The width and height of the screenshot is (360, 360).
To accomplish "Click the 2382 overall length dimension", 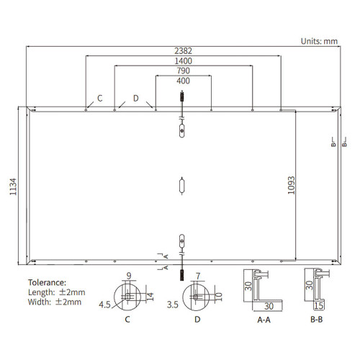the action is tap(183, 51).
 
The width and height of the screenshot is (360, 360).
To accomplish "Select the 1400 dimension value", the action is tap(183, 61).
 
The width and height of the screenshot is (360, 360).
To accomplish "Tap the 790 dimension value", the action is tap(184, 71).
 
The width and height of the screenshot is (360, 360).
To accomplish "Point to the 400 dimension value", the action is tap(184, 81).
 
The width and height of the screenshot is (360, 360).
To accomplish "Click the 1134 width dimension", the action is tap(13, 186).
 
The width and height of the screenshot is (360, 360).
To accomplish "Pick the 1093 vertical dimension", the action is tap(291, 185).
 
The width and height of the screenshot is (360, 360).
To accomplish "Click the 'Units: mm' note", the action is tap(319, 41).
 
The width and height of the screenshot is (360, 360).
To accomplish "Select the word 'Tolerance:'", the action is tap(47, 282).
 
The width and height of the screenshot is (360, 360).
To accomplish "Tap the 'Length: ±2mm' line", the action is tap(57, 292).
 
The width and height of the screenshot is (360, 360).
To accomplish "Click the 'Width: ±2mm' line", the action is tap(55, 302).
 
